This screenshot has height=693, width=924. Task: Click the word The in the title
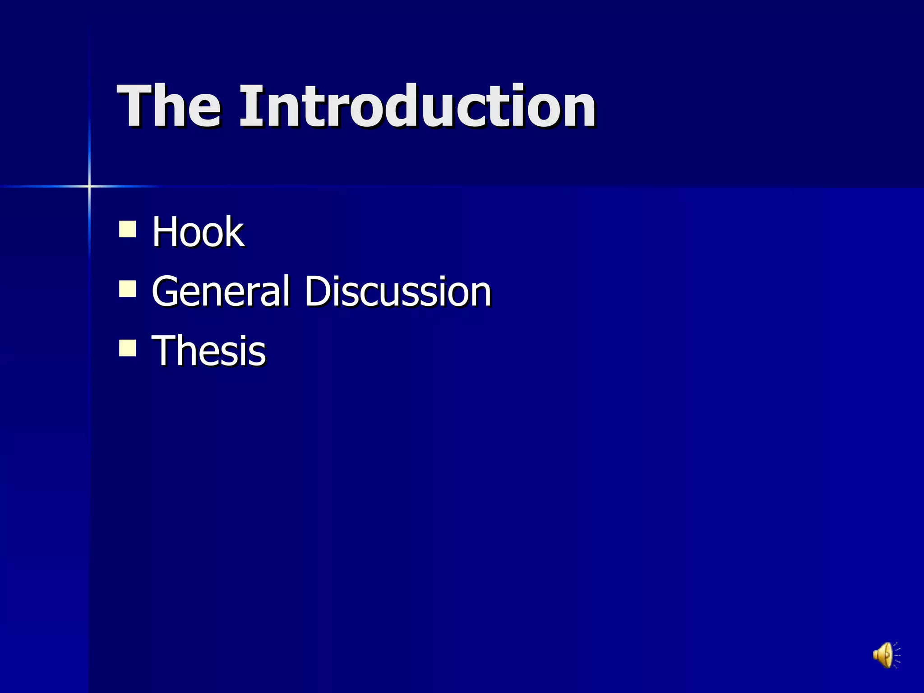pyautogui.click(x=169, y=106)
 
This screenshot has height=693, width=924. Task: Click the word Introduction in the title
pyautogui.click(x=418, y=106)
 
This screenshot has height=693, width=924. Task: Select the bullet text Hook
pyautogui.click(x=198, y=232)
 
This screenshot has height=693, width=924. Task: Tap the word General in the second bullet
pyautogui.click(x=220, y=291)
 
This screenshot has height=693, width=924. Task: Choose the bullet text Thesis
pyautogui.click(x=209, y=351)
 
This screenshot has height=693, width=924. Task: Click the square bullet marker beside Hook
pyautogui.click(x=128, y=229)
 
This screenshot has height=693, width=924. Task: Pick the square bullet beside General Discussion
pyautogui.click(x=128, y=289)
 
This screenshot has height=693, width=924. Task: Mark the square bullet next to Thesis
pyautogui.click(x=128, y=348)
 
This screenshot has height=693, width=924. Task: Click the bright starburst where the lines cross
pyautogui.click(x=89, y=186)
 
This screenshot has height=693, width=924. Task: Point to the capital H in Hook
pyautogui.click(x=166, y=232)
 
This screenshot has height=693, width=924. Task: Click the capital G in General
pyautogui.click(x=166, y=291)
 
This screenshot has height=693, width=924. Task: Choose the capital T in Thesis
pyautogui.click(x=165, y=351)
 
